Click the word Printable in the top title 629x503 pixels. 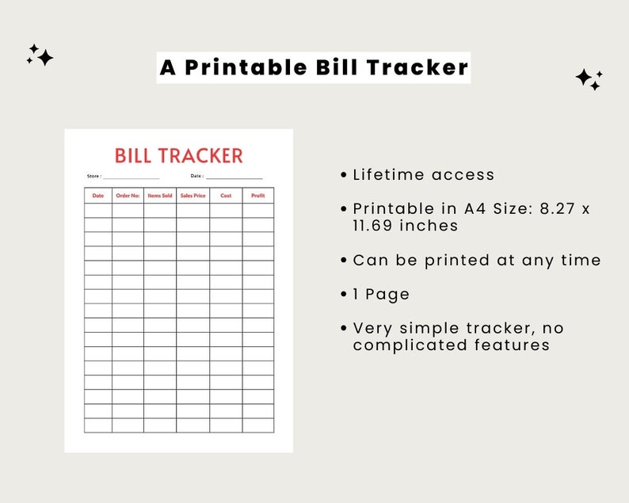click(242, 67)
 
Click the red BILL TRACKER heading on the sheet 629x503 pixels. click(178, 155)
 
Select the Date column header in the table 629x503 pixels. click(98, 196)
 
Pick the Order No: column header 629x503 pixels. click(128, 196)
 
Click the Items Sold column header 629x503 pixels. click(160, 196)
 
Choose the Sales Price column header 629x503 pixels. click(193, 196)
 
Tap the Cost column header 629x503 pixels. click(226, 196)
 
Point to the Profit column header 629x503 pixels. click(257, 196)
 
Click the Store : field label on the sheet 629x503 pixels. click(94, 176)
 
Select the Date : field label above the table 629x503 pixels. click(196, 176)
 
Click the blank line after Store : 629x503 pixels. click(132, 177)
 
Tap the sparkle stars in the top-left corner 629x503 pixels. click(40, 55)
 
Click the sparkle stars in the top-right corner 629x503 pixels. click(589, 78)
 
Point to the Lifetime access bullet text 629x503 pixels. click(424, 175)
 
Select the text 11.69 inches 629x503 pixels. click(406, 226)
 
